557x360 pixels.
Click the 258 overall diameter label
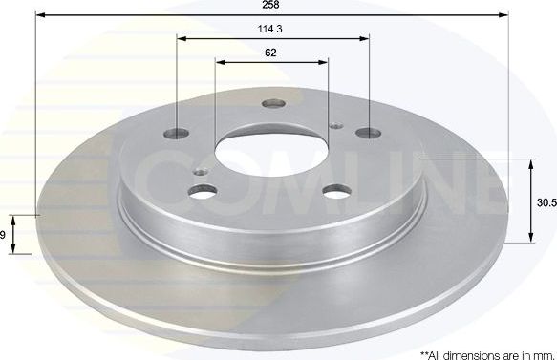(272, 6)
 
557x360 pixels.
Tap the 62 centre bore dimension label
(271, 53)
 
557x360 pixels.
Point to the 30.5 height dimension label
(546, 202)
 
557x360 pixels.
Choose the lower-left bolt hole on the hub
(204, 192)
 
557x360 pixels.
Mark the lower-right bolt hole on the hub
(336, 191)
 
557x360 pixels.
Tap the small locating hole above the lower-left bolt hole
(200, 173)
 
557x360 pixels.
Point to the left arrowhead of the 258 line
(40, 16)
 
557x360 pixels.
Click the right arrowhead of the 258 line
(503, 16)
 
